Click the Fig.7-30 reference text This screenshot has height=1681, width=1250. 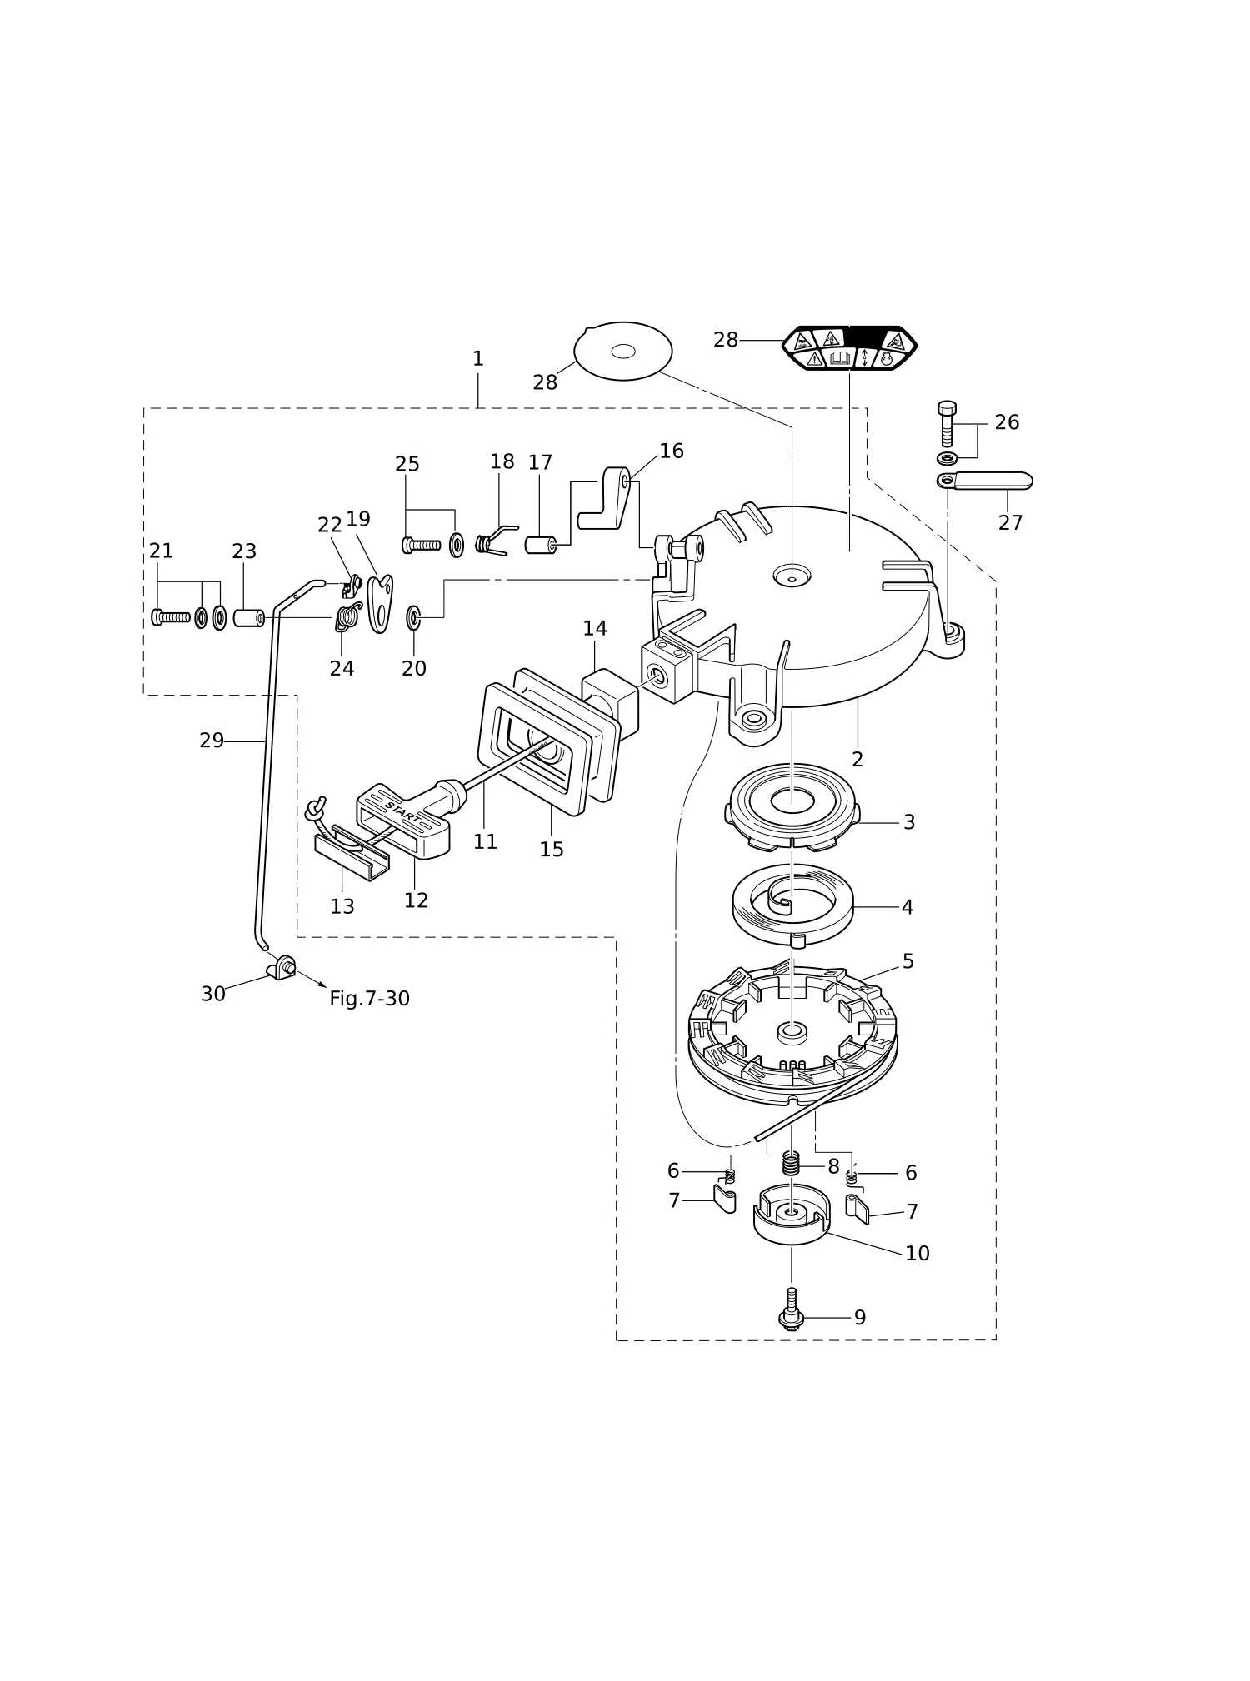point(369,999)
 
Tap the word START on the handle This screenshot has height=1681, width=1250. point(402,811)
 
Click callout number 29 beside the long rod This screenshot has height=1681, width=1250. point(212,741)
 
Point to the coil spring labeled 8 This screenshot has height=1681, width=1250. point(791,1162)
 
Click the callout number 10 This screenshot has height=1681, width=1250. point(917,1254)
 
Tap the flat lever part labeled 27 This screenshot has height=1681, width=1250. point(984,481)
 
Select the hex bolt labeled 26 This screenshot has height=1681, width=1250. point(947,424)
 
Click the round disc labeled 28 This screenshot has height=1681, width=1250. point(622,351)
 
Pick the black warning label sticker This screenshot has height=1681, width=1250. point(849,348)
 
